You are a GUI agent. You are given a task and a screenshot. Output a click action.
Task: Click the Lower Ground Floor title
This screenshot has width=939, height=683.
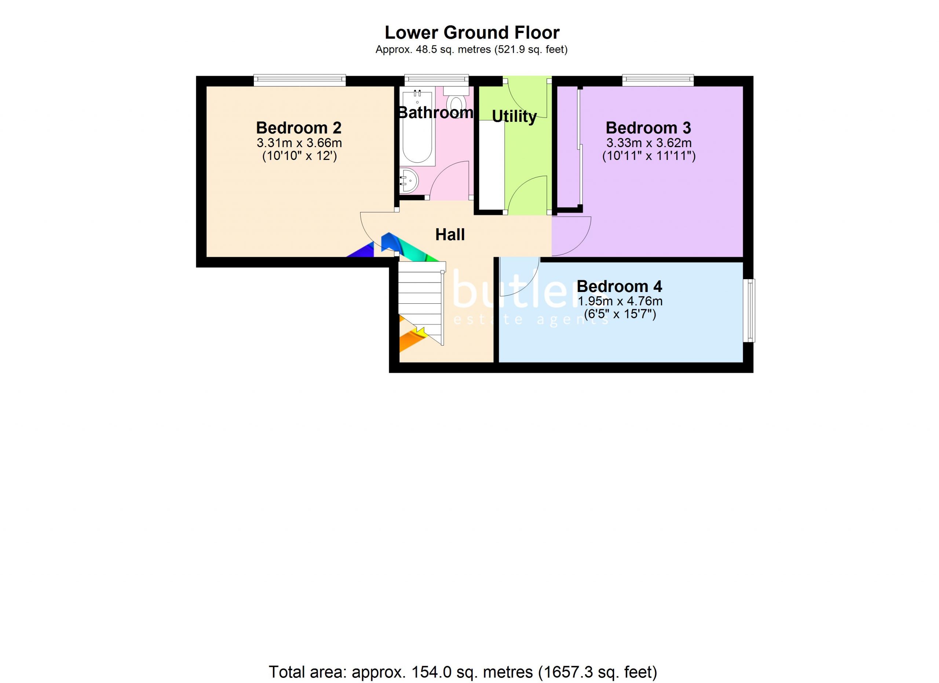(x=472, y=32)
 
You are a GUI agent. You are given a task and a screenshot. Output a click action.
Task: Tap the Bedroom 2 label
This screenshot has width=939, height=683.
(x=299, y=128)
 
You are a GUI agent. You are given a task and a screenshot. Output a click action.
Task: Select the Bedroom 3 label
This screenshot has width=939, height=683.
(x=648, y=128)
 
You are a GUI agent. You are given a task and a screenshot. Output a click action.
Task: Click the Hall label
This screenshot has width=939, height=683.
(x=450, y=235)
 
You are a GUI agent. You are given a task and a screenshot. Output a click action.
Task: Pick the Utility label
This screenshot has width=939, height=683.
(x=514, y=117)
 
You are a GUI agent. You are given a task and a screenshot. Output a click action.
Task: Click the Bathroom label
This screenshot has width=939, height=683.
(x=435, y=113)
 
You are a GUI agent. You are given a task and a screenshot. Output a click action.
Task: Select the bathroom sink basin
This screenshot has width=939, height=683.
(x=409, y=180)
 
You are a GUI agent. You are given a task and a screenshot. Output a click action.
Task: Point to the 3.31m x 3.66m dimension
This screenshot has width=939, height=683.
(x=299, y=143)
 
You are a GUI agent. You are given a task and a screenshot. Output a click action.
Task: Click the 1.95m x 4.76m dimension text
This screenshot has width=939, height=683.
(x=620, y=301)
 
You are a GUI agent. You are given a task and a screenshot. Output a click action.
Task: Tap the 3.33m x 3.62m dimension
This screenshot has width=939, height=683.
(x=649, y=143)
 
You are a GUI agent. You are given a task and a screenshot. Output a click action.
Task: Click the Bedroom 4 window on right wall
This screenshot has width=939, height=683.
(x=749, y=310)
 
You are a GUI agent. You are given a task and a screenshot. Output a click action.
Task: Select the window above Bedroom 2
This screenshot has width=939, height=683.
(x=299, y=80)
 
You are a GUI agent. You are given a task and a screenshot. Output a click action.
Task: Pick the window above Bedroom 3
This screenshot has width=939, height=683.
(x=658, y=80)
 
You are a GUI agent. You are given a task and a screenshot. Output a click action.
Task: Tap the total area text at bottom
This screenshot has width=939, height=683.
(x=463, y=672)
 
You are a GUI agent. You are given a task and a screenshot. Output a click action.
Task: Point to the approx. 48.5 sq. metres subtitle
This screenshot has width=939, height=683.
(x=471, y=50)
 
